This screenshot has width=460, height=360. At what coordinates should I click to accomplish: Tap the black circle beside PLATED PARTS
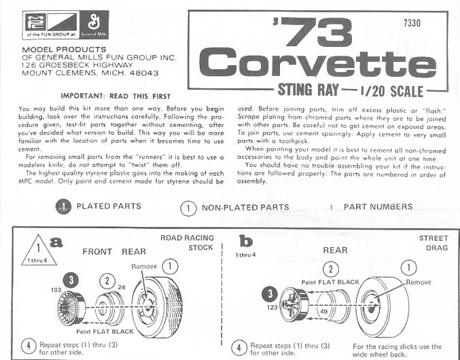pos(63,206)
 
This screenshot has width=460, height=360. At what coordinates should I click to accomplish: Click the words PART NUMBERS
pos(378,206)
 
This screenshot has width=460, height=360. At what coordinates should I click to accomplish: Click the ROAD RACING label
pos(187,238)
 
